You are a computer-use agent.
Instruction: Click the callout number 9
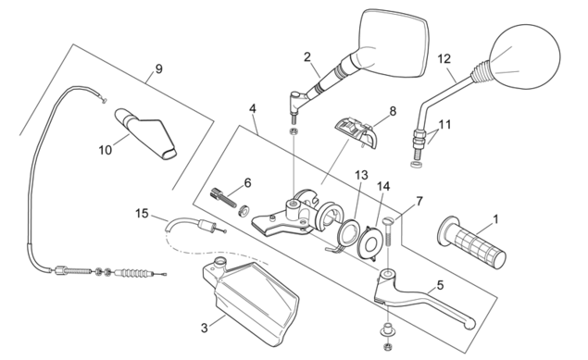pyautogui.click(x=158, y=68)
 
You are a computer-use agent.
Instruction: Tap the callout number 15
pyautogui.click(x=142, y=214)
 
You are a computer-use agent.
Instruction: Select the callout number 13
pyautogui.click(x=362, y=175)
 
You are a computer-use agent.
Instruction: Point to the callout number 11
pyautogui.click(x=445, y=124)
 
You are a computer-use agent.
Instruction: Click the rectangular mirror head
pyautogui.click(x=393, y=43)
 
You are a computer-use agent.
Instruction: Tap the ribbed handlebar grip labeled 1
pyautogui.click(x=471, y=242)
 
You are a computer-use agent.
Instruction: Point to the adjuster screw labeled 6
pyautogui.click(x=223, y=197)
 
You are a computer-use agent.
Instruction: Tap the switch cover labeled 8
pyautogui.click(x=356, y=131)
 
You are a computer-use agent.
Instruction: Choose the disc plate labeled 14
pyautogui.click(x=370, y=242)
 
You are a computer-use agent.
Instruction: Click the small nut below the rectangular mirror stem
pyautogui.click(x=294, y=131)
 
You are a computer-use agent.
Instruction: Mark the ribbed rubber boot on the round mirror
pyautogui.click(x=481, y=72)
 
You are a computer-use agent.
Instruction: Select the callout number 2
pyautogui.click(x=307, y=57)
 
